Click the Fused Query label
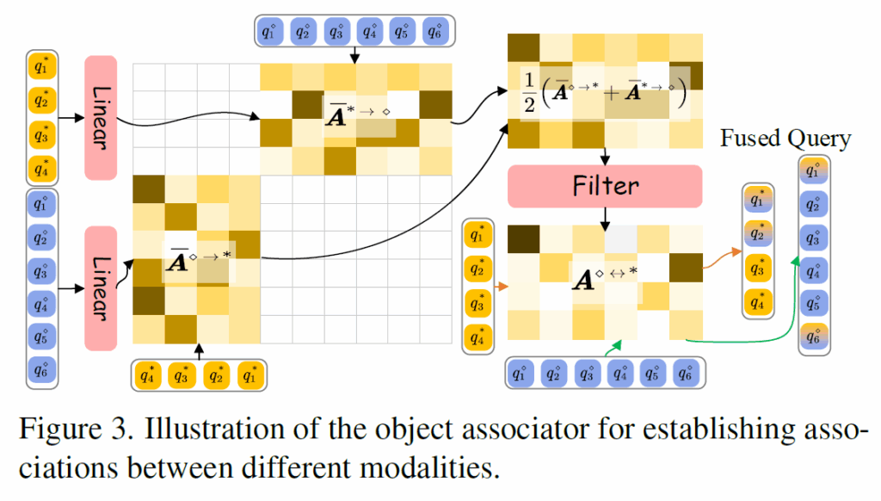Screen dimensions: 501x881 (786, 139)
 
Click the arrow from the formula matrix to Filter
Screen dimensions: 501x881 (605, 156)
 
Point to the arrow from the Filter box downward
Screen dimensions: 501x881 (605, 219)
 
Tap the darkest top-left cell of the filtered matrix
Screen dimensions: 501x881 (524, 238)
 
